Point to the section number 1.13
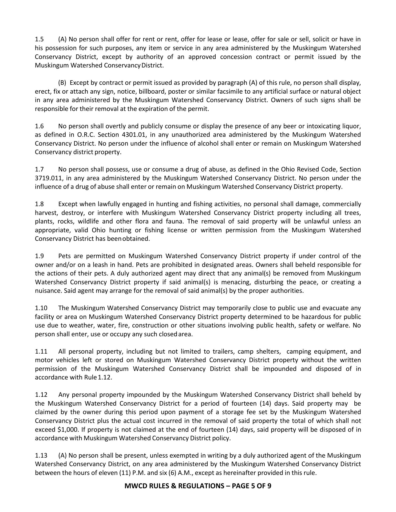[41, 455]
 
